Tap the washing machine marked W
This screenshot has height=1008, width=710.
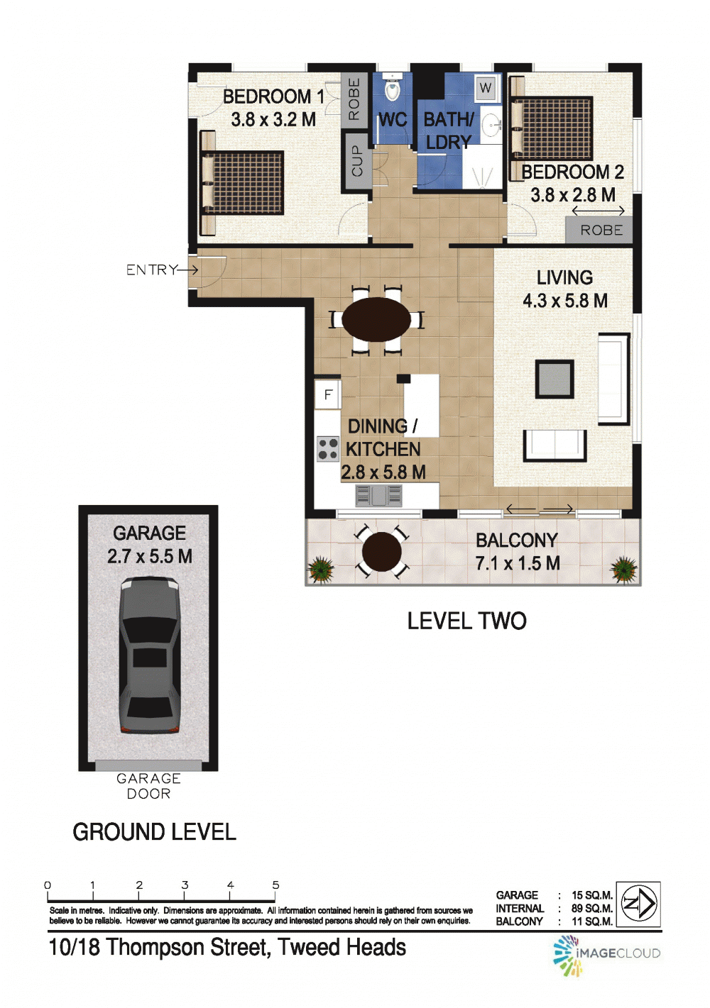tap(486, 87)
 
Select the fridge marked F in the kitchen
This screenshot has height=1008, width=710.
tap(327, 394)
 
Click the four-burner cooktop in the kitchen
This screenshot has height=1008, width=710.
tap(327, 448)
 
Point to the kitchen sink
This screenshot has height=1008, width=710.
tap(379, 495)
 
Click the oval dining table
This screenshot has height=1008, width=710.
tap(376, 319)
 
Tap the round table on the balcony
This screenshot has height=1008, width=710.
tap(381, 552)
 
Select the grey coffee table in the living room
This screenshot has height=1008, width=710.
tap(554, 379)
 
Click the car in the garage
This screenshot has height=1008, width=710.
tap(150, 655)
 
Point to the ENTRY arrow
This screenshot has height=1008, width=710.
tap(187, 270)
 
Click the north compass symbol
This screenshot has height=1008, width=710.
tap(638, 903)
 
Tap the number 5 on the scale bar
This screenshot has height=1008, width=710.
tap(275, 885)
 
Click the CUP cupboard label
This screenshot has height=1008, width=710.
tap(357, 160)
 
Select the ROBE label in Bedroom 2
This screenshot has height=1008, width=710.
tap(601, 231)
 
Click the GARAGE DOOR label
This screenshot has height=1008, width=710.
tap(148, 786)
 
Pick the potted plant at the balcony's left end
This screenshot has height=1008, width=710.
tap(320, 568)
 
